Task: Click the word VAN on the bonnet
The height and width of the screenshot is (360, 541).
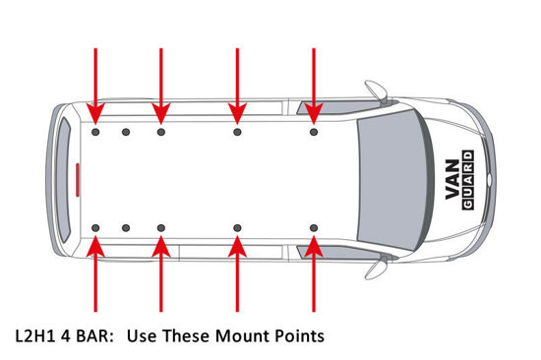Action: (452, 179)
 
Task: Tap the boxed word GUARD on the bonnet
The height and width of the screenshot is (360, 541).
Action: (468, 180)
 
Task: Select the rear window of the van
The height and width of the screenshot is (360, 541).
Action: (63, 180)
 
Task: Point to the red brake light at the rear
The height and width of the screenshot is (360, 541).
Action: (78, 180)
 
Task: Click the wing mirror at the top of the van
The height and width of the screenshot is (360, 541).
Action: (377, 90)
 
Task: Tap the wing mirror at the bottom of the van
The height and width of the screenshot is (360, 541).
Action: (377, 268)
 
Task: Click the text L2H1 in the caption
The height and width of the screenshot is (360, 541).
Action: (35, 335)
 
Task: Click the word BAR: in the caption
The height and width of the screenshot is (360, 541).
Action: (94, 335)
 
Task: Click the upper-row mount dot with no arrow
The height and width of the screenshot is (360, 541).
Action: (126, 132)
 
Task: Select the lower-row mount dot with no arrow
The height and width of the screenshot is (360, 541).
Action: (126, 228)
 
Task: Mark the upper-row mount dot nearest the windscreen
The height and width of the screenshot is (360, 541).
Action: (314, 132)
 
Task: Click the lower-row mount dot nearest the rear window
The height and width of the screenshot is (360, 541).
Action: (95, 228)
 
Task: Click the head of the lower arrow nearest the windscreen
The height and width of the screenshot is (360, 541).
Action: (314, 246)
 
